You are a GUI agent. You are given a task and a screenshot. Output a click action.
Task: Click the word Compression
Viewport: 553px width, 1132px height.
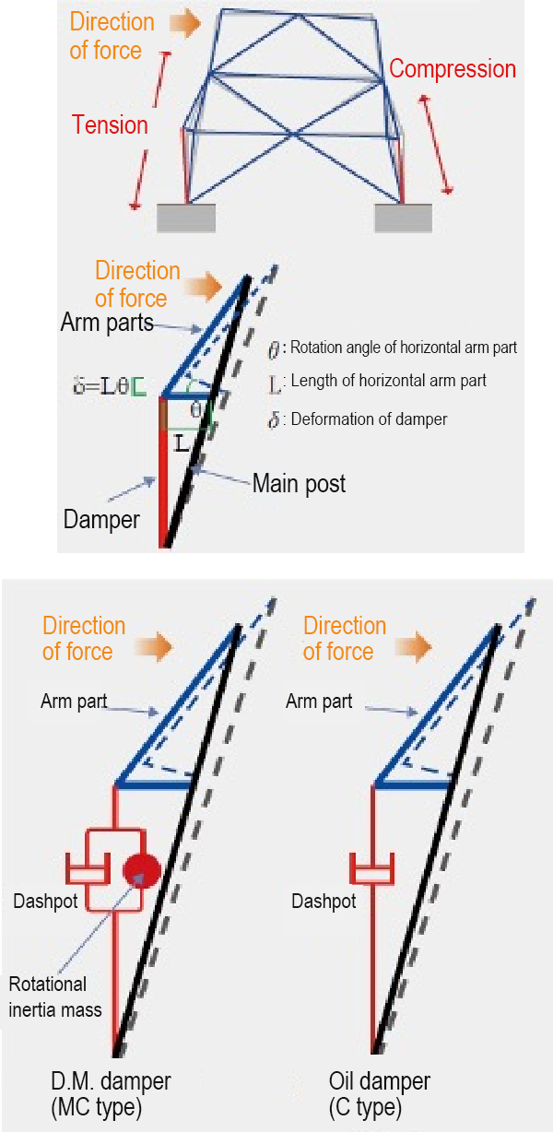point(452,69)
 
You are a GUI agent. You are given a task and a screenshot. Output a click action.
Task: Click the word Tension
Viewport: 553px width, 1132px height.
point(110,125)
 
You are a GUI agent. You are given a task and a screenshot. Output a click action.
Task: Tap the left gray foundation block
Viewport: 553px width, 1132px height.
point(186,218)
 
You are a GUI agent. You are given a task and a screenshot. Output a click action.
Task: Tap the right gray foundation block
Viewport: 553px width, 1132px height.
point(403,218)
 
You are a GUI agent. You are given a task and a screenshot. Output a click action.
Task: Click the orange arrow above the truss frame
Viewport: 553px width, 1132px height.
point(185,24)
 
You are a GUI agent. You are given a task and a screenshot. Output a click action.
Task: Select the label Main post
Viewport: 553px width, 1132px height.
point(299,483)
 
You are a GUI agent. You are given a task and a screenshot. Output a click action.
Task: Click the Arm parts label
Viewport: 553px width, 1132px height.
point(107,324)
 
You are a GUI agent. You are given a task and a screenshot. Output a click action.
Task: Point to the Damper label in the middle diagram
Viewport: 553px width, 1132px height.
point(101,519)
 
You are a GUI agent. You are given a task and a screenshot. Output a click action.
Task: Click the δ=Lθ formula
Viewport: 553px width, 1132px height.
point(108,385)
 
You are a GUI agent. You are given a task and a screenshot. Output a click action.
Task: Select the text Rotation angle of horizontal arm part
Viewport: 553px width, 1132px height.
point(404,348)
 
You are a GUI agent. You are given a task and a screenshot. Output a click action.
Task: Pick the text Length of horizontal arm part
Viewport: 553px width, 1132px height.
point(388,381)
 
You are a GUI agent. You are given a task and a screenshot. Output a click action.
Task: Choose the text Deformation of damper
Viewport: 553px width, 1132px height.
point(369,419)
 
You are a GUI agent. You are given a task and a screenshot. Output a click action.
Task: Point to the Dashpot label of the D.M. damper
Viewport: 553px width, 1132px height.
point(44,902)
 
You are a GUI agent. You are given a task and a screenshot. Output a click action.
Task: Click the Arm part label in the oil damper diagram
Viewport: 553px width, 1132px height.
point(319,702)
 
